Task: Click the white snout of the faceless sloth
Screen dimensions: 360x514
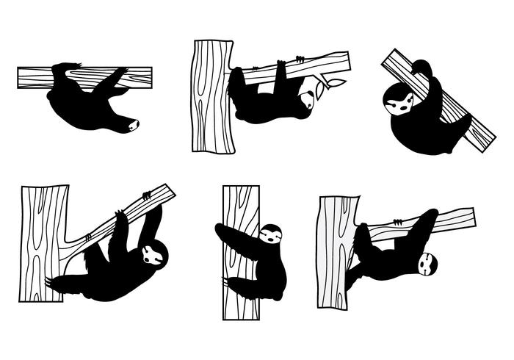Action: point(133,125)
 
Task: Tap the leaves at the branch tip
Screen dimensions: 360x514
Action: point(330,84)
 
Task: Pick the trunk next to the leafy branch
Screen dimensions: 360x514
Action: point(213,96)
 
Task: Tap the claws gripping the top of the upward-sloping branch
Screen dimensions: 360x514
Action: point(147,195)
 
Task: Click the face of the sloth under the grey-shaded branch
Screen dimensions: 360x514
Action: point(427,263)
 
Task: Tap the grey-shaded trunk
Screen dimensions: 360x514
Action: point(337,250)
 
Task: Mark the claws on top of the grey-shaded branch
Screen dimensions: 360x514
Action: point(397,221)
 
